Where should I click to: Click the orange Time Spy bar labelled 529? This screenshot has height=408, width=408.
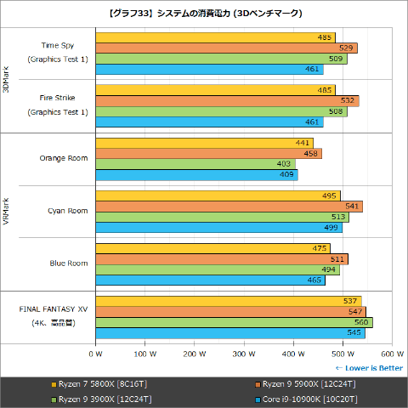[x=226, y=48]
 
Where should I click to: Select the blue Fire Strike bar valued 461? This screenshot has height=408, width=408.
[x=209, y=122]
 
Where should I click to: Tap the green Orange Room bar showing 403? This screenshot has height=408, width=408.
[x=195, y=164]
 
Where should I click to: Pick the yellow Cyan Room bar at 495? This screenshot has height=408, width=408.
[x=218, y=195]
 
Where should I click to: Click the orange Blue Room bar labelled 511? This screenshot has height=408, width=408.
[x=222, y=259]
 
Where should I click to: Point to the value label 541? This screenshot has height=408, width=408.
[x=351, y=207]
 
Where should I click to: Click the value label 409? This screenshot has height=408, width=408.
[x=286, y=175]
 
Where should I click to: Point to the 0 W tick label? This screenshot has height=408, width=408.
[x=96, y=354]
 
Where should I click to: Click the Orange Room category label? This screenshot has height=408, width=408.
[x=64, y=157]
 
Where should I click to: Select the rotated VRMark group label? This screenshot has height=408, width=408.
[x=8, y=211]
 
